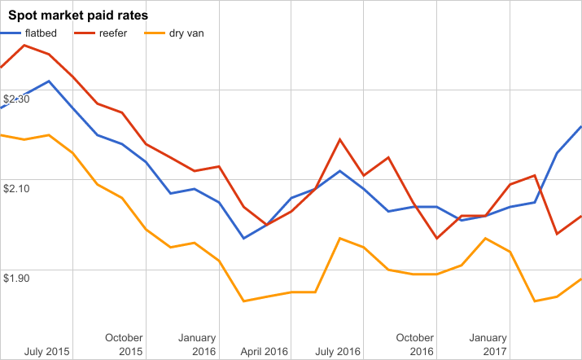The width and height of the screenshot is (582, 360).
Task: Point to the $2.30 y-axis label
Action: [x=17, y=99]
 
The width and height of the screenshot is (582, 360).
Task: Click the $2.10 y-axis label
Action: [x=17, y=188]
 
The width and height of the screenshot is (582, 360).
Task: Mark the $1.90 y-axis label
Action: [x=17, y=278]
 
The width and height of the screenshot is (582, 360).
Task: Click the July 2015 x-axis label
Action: [x=47, y=352]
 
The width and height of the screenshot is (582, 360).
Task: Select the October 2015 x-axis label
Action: [x=125, y=345]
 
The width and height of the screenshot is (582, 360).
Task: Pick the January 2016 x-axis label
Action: [x=197, y=345]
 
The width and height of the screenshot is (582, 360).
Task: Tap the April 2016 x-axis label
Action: [x=265, y=352]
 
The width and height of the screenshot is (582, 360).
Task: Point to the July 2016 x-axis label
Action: [x=337, y=352]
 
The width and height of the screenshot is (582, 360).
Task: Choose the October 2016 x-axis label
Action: [x=415, y=345]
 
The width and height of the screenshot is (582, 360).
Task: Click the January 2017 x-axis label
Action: [x=488, y=345]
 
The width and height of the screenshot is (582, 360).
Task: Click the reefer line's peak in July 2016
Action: [x=339, y=139]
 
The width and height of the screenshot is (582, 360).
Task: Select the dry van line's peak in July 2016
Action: [x=339, y=238]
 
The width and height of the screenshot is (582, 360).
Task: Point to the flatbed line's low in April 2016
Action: [x=243, y=238]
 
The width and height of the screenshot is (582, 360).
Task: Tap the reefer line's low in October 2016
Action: [x=437, y=238]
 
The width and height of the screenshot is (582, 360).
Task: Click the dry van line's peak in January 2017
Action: [x=485, y=238]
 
